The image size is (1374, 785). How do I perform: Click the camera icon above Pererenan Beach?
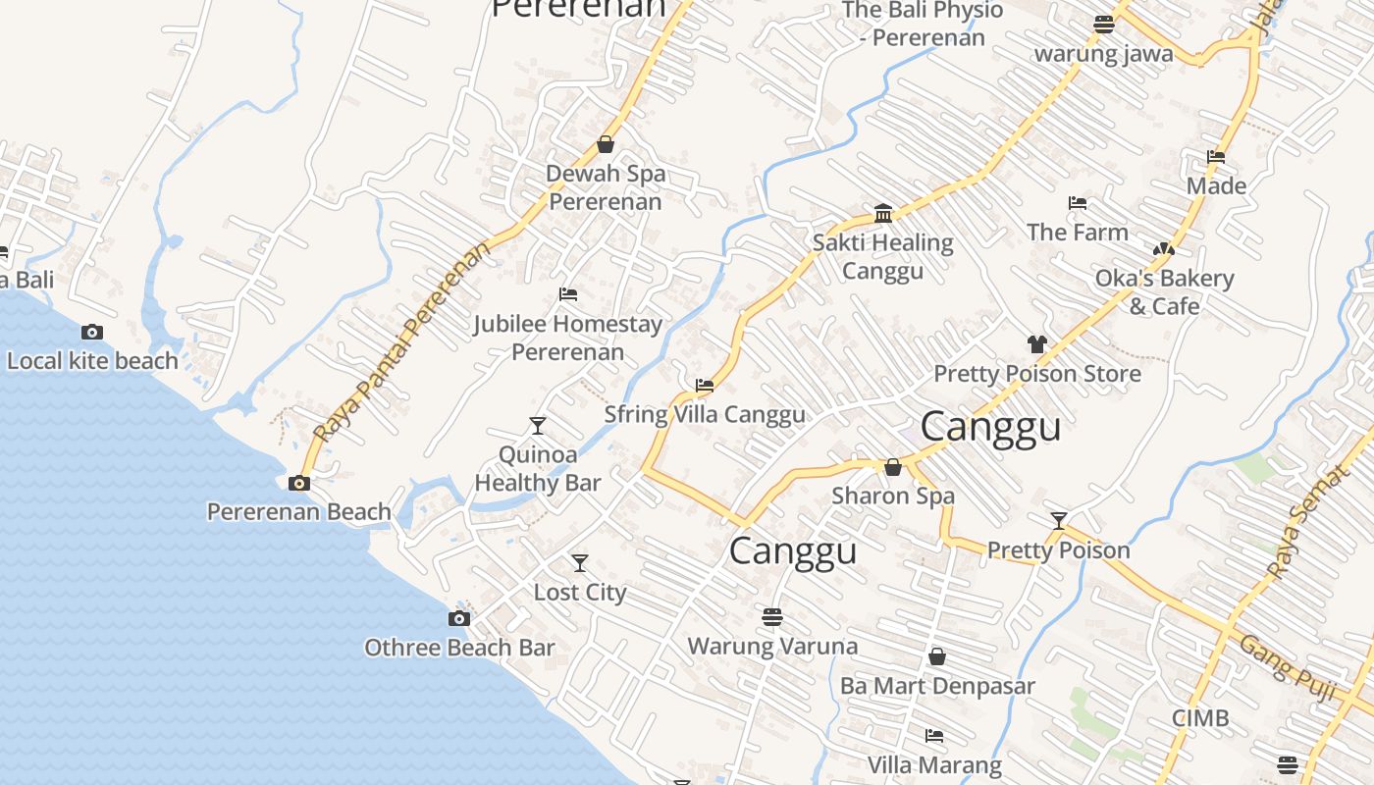point(299,483)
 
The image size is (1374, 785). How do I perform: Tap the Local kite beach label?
point(92,361)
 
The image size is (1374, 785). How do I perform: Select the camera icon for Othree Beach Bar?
point(458,618)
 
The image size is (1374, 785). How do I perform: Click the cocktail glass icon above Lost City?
point(580,563)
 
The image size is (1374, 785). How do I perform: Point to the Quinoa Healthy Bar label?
point(538,468)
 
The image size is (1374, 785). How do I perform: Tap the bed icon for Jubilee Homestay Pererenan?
point(567,293)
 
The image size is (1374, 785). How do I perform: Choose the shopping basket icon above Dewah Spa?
point(606,144)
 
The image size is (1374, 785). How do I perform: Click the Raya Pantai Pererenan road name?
point(402,341)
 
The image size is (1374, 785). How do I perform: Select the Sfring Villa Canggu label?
point(704,414)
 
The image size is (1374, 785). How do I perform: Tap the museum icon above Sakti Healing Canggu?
point(882,213)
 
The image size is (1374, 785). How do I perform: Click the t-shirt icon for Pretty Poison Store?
point(1036,343)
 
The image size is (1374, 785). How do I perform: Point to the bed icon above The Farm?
point(1077,203)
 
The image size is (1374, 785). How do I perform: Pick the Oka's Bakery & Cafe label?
point(1164,292)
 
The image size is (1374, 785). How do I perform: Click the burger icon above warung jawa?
point(1103,24)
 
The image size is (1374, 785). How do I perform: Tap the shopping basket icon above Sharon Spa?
point(892,467)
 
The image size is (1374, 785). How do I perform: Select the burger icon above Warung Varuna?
point(772,617)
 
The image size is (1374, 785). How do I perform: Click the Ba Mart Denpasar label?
point(937,685)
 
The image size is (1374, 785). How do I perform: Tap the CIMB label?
point(1199,718)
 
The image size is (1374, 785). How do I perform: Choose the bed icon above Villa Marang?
point(933,735)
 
